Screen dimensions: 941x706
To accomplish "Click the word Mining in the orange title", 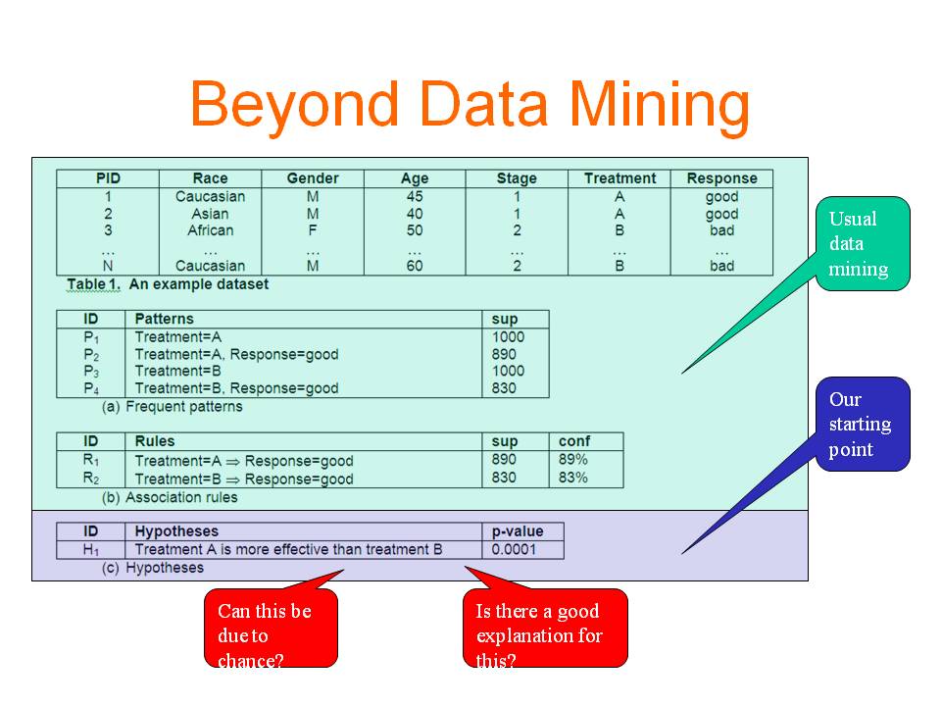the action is click(659, 106).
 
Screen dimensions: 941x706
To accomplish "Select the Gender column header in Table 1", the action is click(313, 178).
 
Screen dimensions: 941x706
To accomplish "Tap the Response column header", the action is click(722, 178).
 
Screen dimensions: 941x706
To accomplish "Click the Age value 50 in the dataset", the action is click(415, 230).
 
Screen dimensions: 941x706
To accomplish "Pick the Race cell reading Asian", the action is click(210, 214).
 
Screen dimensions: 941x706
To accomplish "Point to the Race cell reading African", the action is click(210, 230).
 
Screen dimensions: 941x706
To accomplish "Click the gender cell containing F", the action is click(313, 230).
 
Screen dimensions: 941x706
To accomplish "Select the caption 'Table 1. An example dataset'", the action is click(168, 284).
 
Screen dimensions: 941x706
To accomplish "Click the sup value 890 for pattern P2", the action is click(504, 354).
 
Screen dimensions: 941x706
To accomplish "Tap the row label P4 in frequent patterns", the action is click(91, 388).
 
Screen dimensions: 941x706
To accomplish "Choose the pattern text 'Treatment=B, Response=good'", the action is click(236, 388).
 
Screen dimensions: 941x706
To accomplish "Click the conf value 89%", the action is click(573, 459).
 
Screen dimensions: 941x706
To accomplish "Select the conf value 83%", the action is click(573, 478).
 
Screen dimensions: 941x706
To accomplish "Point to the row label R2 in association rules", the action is click(91, 479).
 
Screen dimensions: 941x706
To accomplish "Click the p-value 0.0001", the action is click(514, 549).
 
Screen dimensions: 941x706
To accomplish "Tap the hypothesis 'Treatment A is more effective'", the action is click(288, 549).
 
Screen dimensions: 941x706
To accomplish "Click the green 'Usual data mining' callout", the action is click(863, 244).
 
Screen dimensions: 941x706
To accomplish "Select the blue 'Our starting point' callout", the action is click(863, 424).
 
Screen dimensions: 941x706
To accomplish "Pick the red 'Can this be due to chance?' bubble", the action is click(272, 628).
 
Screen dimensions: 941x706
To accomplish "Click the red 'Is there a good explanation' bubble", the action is click(545, 628).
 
